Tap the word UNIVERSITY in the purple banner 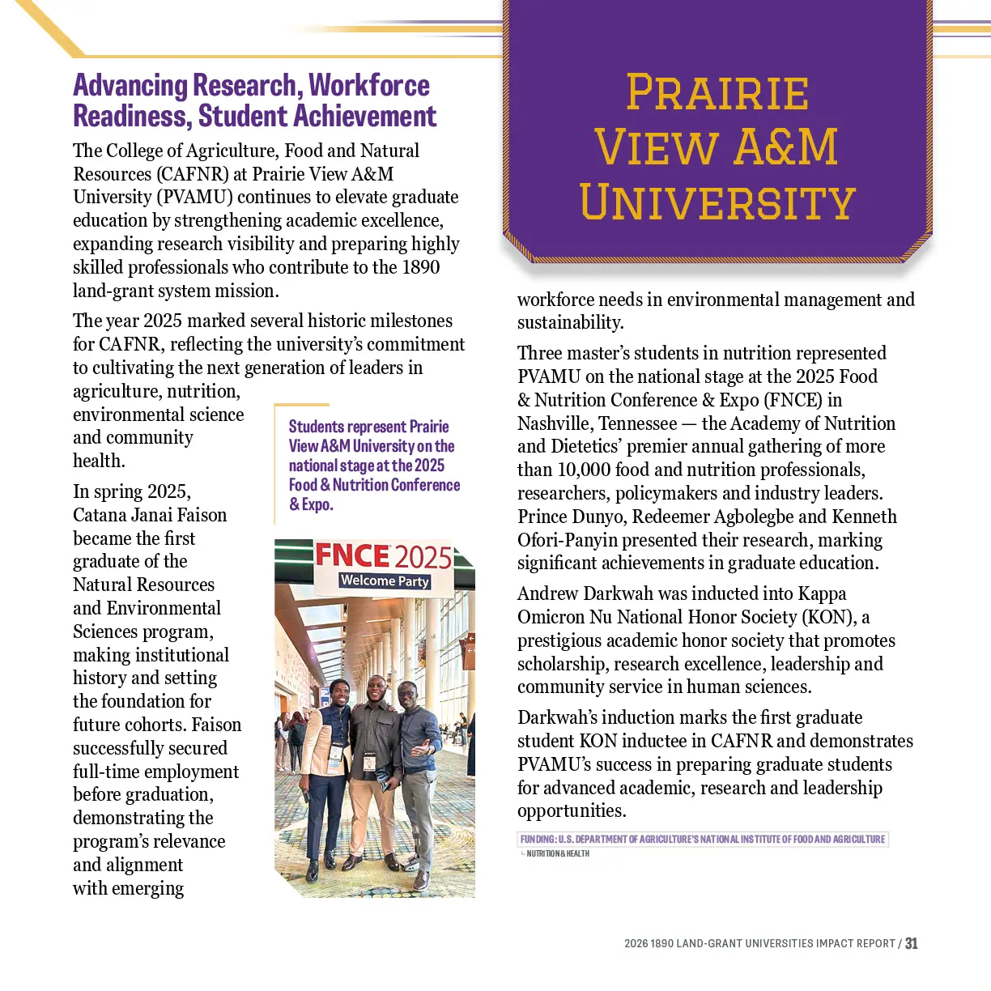(717, 202)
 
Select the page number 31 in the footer (912, 943)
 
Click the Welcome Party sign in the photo (385, 581)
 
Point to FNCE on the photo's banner (351, 555)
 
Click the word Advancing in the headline (130, 85)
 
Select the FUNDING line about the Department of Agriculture (703, 839)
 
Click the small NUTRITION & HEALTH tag (558, 853)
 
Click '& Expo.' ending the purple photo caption (312, 504)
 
